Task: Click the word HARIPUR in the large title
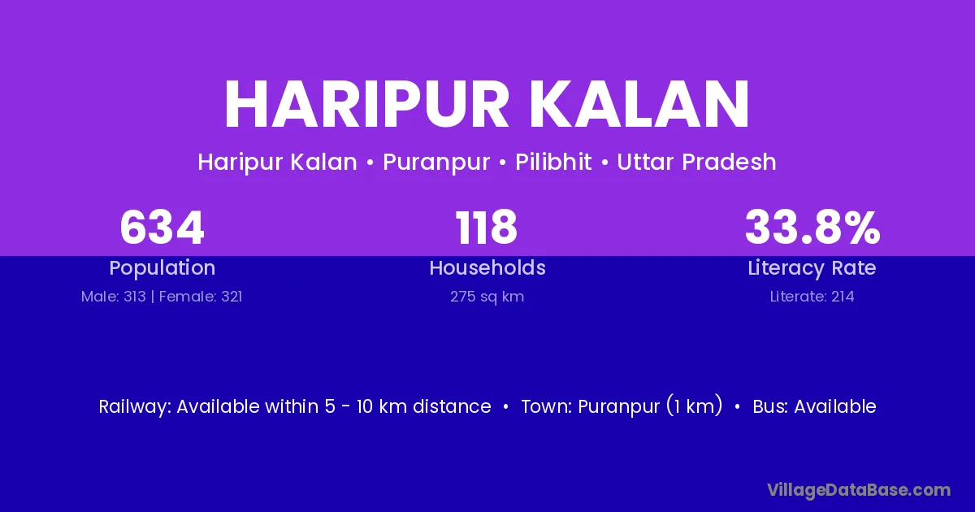[366, 105]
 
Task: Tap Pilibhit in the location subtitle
[553, 162]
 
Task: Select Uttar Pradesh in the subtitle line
[696, 162]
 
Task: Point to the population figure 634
[162, 228]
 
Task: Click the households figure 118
[487, 228]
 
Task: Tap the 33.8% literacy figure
[812, 228]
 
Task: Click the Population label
[162, 268]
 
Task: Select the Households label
[487, 267]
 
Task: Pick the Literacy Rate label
[812, 268]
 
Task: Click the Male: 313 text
[113, 297]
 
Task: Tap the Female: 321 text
[201, 297]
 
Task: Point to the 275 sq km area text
[487, 297]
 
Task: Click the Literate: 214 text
[812, 297]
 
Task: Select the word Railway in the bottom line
[135, 407]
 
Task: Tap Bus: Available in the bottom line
[814, 406]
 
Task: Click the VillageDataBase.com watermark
[859, 490]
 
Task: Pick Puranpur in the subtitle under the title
[436, 162]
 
